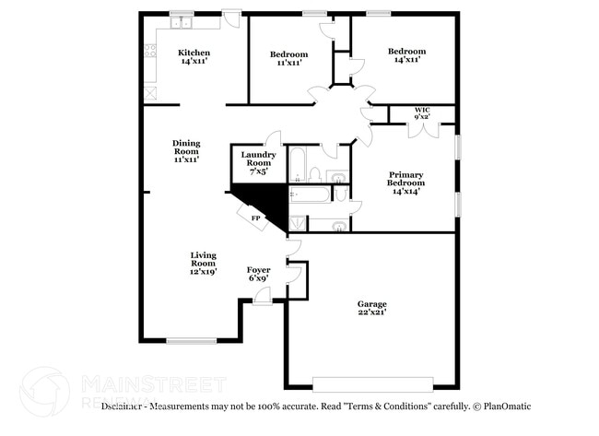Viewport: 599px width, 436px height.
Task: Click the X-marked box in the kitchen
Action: click(150, 92)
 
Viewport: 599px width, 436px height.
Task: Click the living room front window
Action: click(192, 341)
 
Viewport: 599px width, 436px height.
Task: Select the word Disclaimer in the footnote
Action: click(123, 406)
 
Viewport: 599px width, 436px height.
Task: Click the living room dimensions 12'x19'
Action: click(203, 271)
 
